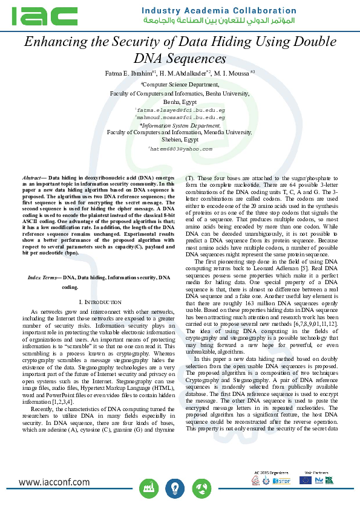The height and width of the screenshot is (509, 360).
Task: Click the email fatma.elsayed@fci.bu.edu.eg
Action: point(180,111)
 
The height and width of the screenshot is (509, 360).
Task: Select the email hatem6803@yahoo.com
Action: point(180,148)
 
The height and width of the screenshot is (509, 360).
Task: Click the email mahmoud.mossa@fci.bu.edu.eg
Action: point(180,118)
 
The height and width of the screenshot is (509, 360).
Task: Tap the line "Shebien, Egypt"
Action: point(180,139)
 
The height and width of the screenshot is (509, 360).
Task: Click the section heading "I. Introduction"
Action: point(99,301)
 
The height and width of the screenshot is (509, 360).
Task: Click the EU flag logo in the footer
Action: point(306,479)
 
